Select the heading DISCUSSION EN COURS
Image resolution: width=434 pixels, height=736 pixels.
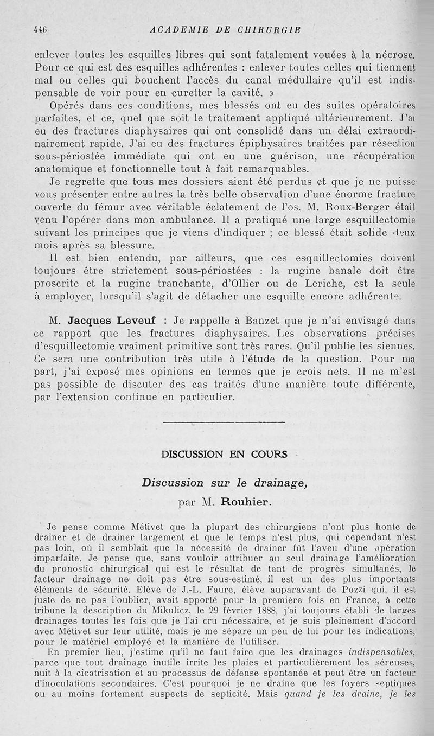(x=224, y=455)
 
